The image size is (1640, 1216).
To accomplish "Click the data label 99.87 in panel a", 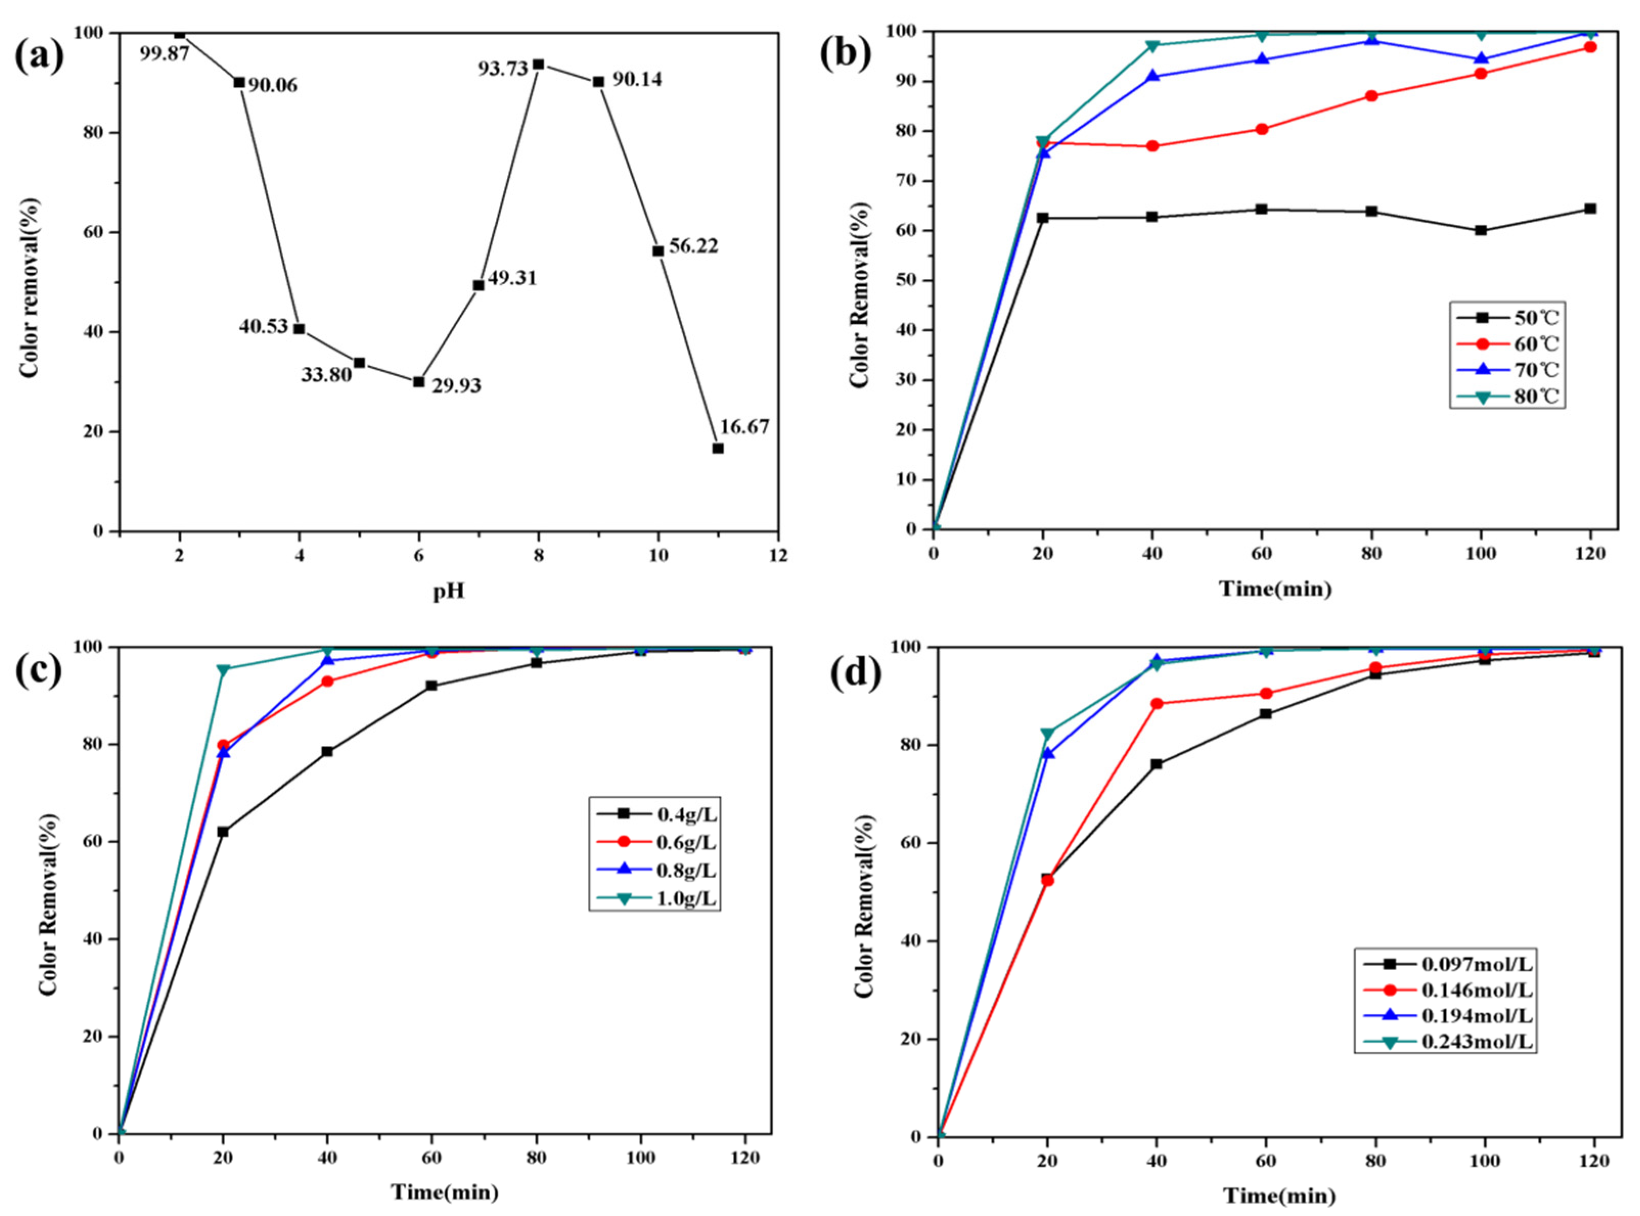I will (165, 53).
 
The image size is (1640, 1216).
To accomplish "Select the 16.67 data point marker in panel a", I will (718, 448).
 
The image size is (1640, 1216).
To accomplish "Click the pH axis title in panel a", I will (448, 590).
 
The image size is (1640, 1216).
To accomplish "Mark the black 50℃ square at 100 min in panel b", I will (1481, 231).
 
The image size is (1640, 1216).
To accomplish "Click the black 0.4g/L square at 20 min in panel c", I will (223, 832).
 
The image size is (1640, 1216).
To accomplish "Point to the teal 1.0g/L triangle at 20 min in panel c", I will (223, 670).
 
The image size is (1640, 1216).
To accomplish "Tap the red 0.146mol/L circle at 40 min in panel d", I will (1156, 704).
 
